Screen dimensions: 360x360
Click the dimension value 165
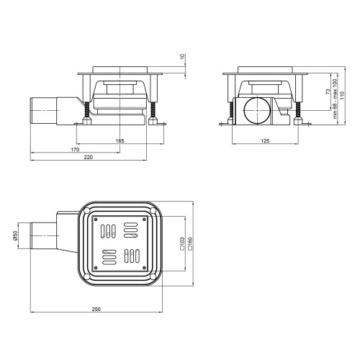120,141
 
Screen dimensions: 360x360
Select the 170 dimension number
75,150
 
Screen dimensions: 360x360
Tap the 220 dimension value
89,158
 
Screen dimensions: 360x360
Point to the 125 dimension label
265,141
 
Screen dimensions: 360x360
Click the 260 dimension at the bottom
96,309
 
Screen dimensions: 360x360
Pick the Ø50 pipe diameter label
15,236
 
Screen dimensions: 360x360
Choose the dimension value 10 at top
183,57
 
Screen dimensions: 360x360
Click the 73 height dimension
328,91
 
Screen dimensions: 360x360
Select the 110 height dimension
342,95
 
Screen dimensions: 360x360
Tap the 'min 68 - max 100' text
335,99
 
